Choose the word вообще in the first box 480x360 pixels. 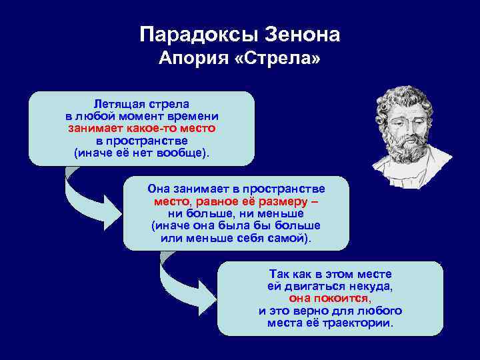(x=181, y=153)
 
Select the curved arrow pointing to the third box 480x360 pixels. (x=181, y=280)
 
